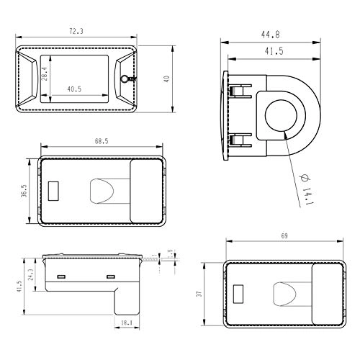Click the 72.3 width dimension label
point(76,31)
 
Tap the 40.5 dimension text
point(76,89)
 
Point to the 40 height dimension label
point(168,79)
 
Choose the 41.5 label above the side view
point(273,51)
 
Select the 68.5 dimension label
point(100,141)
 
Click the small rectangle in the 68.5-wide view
point(53,193)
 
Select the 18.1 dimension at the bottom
point(126,323)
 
